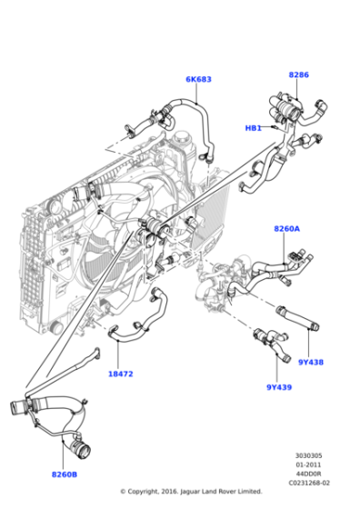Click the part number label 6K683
pos(198,80)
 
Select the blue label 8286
pos(298,75)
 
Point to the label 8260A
pos(286,229)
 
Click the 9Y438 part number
pos(309,362)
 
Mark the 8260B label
pos(64,474)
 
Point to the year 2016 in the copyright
pos(173,492)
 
